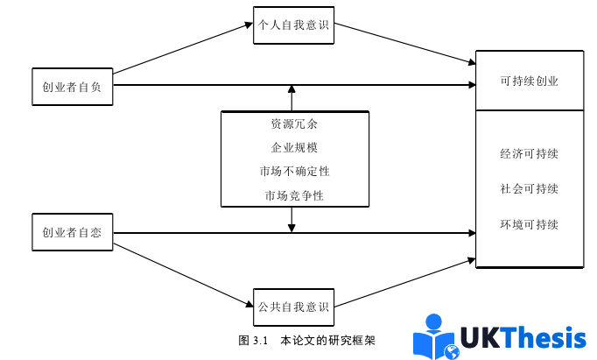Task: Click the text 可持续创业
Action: tap(529, 81)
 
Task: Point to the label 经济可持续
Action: tap(529, 154)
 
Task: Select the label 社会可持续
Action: tap(529, 189)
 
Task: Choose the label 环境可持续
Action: tap(529, 225)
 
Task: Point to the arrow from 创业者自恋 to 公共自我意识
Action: tap(184, 272)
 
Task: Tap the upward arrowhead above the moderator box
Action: tap(291, 90)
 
